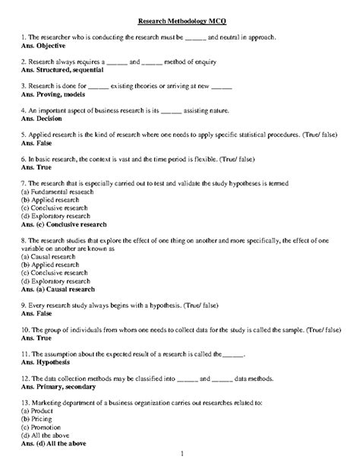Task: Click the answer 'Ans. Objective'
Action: point(46,45)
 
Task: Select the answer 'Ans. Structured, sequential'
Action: point(63,69)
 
